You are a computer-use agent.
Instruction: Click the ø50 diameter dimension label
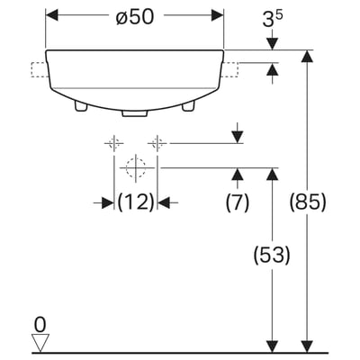(135, 16)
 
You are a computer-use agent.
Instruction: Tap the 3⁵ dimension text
(273, 20)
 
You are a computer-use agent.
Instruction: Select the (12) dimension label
(136, 202)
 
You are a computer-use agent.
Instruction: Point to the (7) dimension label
(238, 202)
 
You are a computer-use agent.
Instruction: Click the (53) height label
(272, 256)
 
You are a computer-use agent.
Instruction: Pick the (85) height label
(308, 202)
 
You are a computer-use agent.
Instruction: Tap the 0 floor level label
(40, 325)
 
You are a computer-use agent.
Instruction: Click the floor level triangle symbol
(40, 343)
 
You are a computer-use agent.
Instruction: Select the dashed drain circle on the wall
(136, 167)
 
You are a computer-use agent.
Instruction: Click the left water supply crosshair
(114, 143)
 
